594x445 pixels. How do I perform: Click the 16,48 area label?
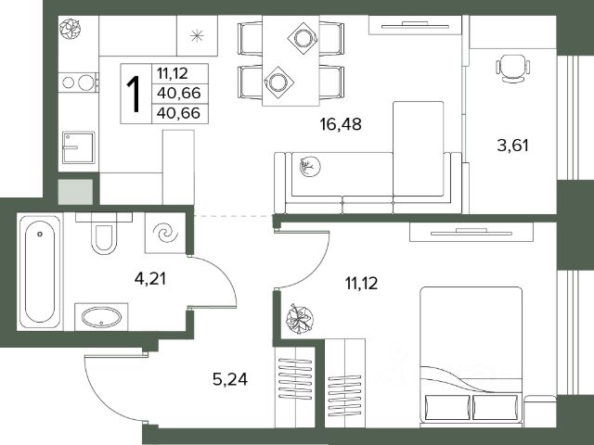point(341,124)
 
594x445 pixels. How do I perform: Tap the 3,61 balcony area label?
point(512,146)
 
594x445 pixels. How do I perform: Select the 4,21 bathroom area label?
point(150,279)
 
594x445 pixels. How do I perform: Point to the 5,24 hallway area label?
point(230,379)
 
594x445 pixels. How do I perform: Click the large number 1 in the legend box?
point(134,94)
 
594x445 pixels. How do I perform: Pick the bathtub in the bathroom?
point(40,272)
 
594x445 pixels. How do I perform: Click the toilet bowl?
point(103,236)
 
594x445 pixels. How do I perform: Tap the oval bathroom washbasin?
point(102,317)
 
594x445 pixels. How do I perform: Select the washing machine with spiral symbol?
point(165,233)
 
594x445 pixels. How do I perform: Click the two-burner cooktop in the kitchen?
point(79,83)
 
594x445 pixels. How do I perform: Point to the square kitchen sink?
point(78,147)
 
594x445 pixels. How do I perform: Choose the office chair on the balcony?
point(512,68)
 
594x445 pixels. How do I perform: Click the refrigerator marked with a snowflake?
point(197,36)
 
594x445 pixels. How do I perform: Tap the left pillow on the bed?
point(447,407)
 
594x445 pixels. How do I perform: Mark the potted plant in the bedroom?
point(299,318)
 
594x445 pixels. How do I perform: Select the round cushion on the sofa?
point(310,167)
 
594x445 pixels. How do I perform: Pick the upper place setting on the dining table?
point(303,38)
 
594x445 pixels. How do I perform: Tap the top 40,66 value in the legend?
point(178,93)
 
